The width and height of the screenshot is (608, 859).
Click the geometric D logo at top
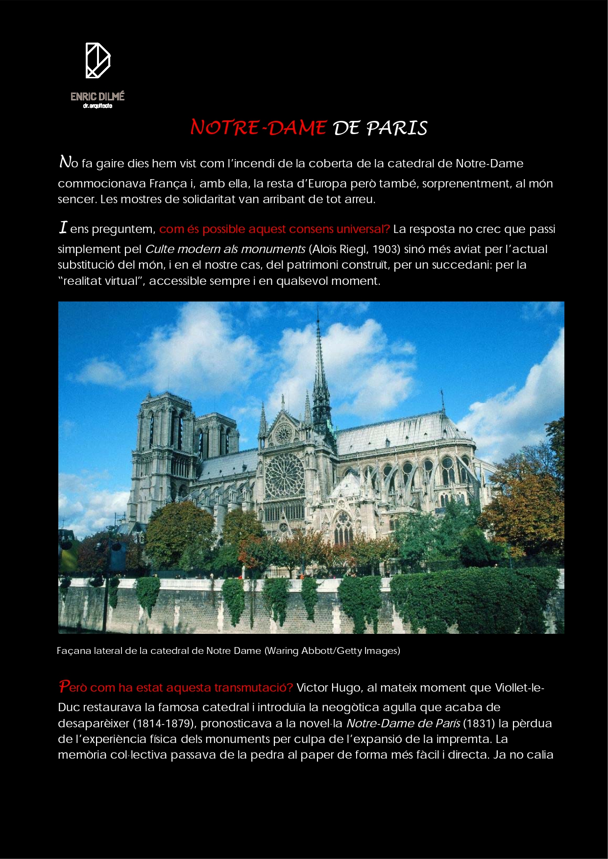point(98,60)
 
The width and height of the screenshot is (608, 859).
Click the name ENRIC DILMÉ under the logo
point(97,96)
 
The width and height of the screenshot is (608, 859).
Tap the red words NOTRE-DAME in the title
point(258,128)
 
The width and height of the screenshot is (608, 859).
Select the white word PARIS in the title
point(397,128)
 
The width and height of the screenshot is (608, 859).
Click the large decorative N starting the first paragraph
point(65,162)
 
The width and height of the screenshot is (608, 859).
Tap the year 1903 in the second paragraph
point(384,249)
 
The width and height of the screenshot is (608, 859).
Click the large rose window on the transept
point(285,474)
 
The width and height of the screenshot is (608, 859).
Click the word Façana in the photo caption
point(70,651)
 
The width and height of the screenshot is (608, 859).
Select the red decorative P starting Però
point(64,686)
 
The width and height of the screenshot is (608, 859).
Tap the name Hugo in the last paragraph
point(346,688)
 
